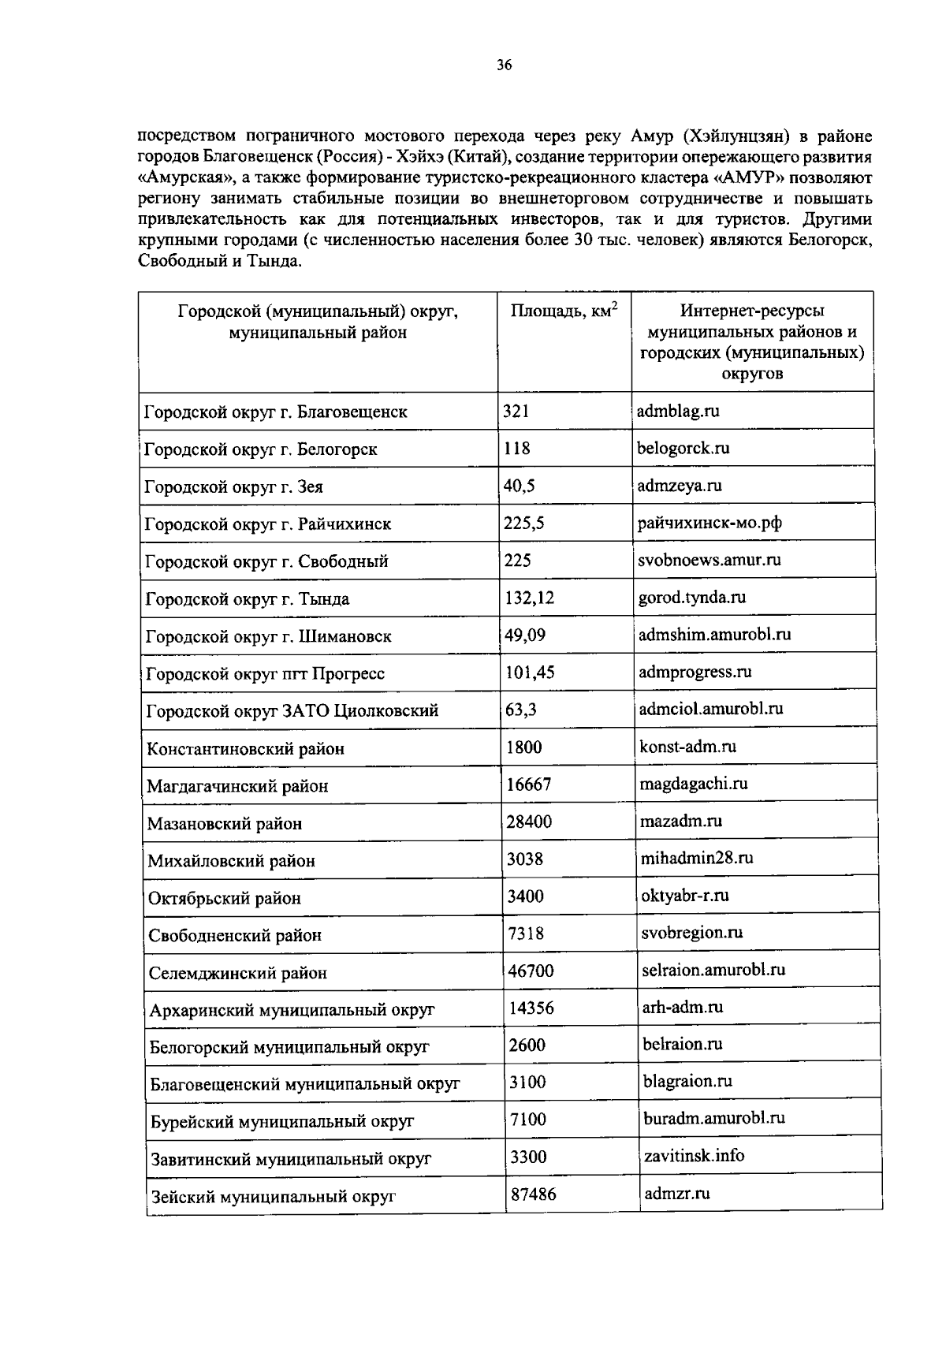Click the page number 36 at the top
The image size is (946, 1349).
pyautogui.click(x=505, y=65)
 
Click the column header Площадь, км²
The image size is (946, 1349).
pyautogui.click(x=564, y=311)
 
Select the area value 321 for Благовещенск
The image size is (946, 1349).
pyautogui.click(x=516, y=411)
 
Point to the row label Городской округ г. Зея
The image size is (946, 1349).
pyautogui.click(x=233, y=486)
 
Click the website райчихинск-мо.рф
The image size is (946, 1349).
pyautogui.click(x=709, y=523)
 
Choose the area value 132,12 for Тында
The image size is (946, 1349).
pyautogui.click(x=529, y=598)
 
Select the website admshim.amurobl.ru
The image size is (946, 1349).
pyautogui.click(x=714, y=635)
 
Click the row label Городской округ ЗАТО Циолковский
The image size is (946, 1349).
pyautogui.click(x=292, y=710)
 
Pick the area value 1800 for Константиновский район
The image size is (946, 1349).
pyautogui.click(x=523, y=747)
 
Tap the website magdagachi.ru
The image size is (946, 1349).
pyautogui.click(x=694, y=784)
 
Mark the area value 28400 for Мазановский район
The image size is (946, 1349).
pyautogui.click(x=529, y=822)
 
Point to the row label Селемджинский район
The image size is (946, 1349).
pyautogui.click(x=237, y=973)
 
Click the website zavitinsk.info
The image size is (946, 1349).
pyautogui.click(x=694, y=1156)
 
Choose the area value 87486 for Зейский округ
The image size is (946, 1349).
pyautogui.click(x=533, y=1194)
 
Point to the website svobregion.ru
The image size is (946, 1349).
pyautogui.click(x=692, y=933)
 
